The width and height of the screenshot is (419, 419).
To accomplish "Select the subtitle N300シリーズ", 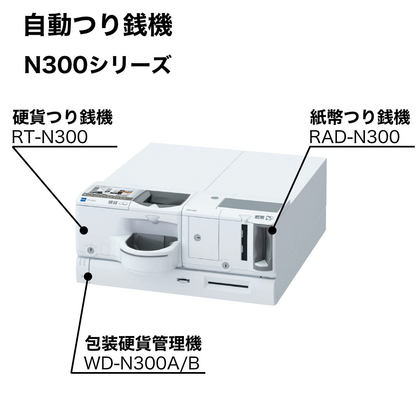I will click(97, 65).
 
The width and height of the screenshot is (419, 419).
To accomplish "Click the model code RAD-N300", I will click(354, 137).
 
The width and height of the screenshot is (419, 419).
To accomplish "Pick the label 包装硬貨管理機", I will click(143, 344).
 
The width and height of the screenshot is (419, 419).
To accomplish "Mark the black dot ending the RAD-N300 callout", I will click(273, 230).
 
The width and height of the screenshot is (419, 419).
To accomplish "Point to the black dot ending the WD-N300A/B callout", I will click(88, 275).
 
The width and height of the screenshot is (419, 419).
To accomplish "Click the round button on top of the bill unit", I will click(215, 197).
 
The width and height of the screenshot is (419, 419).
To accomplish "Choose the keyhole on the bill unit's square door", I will click(196, 237).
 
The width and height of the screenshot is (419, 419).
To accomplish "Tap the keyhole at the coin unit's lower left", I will click(90, 250).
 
